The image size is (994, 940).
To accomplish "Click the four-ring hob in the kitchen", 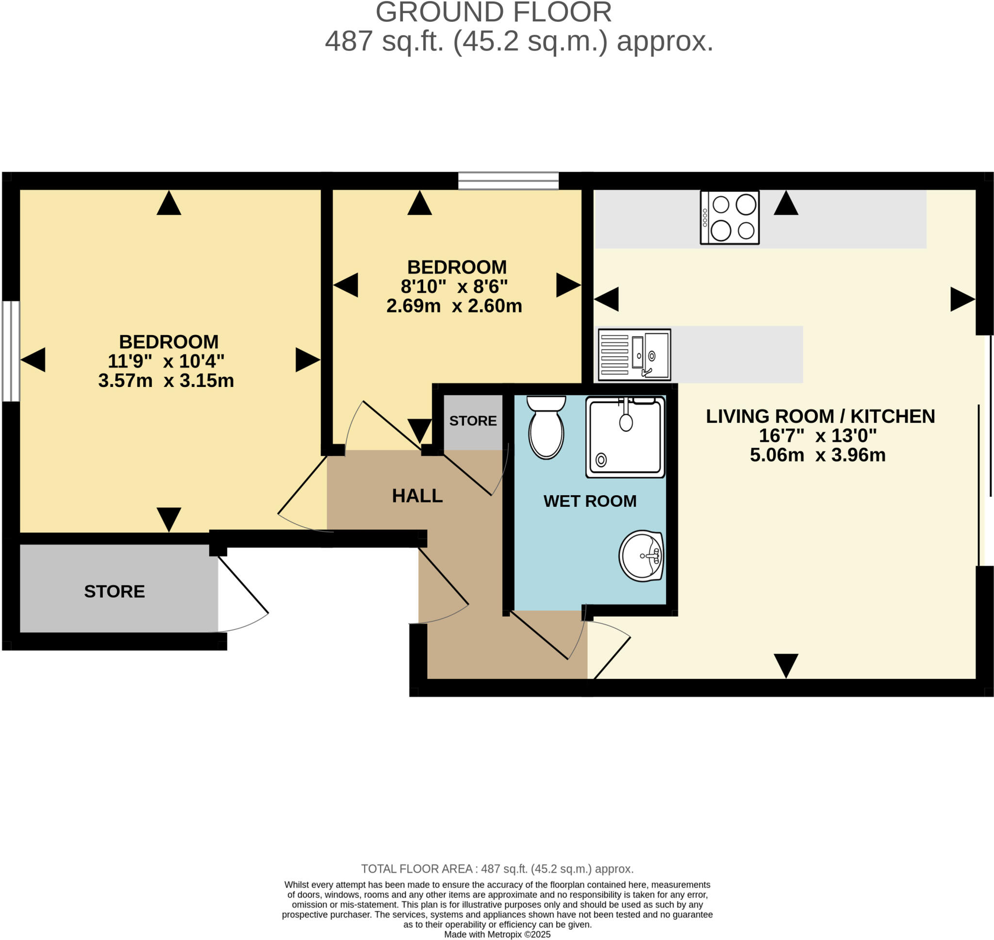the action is pos(729,217).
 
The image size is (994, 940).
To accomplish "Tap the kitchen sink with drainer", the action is pos(634,354).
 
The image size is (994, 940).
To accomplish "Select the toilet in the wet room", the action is pos(546,427).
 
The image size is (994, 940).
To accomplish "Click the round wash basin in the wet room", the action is pos(642,555).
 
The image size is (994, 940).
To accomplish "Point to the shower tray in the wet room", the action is pos(625,436).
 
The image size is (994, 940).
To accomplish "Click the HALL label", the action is pos(417,496).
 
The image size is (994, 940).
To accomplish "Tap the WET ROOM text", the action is pos(589,501).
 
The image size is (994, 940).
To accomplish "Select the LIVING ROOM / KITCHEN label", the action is pos(820,416).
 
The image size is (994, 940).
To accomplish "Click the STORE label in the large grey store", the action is pos(114,591).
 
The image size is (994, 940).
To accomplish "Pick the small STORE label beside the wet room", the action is pos(473,420).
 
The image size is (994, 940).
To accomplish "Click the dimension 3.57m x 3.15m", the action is pos(166,380).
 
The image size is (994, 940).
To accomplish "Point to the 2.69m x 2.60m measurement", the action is pos(454,306).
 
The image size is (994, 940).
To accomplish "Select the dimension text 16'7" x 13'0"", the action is pos(818,436).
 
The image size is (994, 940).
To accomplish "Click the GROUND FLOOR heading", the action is pos(493,12).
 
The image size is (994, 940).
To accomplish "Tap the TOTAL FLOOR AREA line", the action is pos(497,869).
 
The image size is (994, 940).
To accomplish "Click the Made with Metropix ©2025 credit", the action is pos(497,935).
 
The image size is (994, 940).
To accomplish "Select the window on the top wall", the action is pos(508,181).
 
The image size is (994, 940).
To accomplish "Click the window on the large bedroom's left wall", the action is pos(11,351).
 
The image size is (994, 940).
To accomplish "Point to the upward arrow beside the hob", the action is pos(786,203).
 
